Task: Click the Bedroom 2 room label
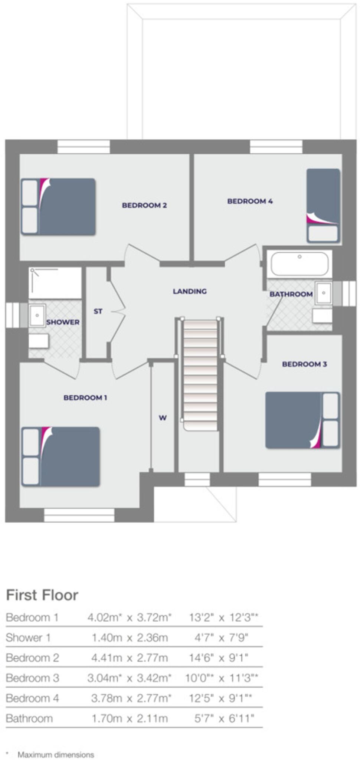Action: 144,205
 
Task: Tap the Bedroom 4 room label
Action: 250,201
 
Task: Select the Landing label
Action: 190,291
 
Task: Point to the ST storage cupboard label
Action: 98,311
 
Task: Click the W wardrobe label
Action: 163,418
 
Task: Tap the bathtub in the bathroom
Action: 300,263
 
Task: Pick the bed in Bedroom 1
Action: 61,456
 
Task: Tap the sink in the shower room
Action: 37,315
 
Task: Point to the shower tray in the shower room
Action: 55,283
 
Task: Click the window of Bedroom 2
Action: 84,147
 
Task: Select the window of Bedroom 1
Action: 79,515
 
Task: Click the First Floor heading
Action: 42,595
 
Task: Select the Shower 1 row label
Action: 28,638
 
